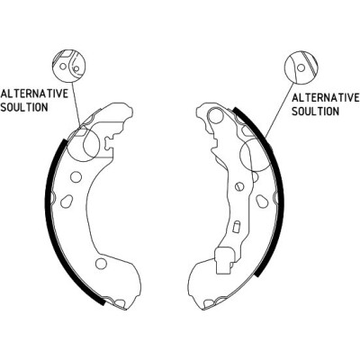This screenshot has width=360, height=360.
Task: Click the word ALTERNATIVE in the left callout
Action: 34,94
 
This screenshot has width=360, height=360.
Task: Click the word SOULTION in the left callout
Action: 24,107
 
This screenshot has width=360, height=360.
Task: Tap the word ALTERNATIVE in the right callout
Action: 325,98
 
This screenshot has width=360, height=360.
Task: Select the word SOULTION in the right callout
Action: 315,112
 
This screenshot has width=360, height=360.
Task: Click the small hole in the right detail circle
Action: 301,67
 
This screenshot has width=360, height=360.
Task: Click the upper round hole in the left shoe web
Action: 76,176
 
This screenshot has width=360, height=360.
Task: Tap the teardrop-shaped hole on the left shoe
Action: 67,202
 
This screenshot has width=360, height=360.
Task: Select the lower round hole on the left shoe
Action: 101,264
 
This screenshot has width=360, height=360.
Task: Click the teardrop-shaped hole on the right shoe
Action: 262,201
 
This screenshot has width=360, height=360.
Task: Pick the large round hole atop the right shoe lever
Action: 216,116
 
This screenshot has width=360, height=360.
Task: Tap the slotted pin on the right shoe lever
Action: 239,186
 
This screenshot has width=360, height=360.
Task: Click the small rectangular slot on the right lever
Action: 236,227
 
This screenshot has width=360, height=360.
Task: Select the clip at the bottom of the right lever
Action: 223,261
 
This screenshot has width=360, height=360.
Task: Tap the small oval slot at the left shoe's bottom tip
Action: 121,303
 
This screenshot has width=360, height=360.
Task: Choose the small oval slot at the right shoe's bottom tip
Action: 208,303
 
